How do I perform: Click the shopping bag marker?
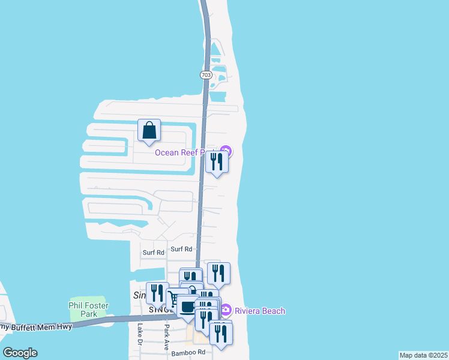click(149, 130)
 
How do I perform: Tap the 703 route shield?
click(206, 74)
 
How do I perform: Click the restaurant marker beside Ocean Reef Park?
click(217, 162)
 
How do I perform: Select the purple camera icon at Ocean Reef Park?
click(226, 150)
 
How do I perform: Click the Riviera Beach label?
click(259, 311)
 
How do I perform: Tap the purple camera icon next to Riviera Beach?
click(226, 310)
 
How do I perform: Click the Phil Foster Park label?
click(88, 309)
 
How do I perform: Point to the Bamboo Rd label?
click(188, 353)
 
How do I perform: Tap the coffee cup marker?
click(187, 307)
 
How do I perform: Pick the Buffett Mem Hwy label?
click(36, 326)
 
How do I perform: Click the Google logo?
click(20, 353)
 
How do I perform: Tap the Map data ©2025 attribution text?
click(423, 355)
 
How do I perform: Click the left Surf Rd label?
click(153, 253)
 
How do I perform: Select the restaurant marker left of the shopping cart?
click(157, 293)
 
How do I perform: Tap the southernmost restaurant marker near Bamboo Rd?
click(220, 335)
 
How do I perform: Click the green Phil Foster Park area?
click(88, 300)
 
